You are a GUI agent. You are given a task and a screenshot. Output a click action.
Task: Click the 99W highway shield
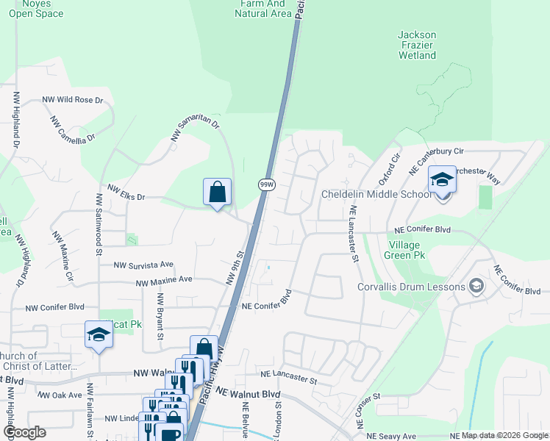pyautogui.click(x=266, y=184)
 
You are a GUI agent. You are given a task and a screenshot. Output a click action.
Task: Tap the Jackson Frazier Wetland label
pyautogui.click(x=417, y=45)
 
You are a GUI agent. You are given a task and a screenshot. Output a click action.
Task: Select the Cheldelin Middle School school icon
pyautogui.click(x=442, y=180)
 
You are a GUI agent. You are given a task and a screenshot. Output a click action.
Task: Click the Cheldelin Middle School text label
pyautogui.click(x=376, y=195)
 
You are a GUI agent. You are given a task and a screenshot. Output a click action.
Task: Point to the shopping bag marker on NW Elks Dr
pyautogui.click(x=217, y=193)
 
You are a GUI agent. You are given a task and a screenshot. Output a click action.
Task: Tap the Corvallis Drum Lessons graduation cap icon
pyautogui.click(x=476, y=286)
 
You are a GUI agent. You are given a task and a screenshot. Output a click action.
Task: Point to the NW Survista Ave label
pyautogui.click(x=143, y=265)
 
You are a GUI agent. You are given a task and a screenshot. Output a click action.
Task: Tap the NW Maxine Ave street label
pyautogui.click(x=163, y=280)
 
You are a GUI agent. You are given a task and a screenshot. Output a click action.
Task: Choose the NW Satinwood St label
pyautogui.click(x=98, y=223)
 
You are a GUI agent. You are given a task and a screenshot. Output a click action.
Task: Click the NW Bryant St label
pyautogui.click(x=160, y=318)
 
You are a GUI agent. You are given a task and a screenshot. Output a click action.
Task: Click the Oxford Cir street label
pyautogui.click(x=389, y=170)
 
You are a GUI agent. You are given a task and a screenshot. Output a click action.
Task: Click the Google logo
pyautogui.click(x=24, y=431)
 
